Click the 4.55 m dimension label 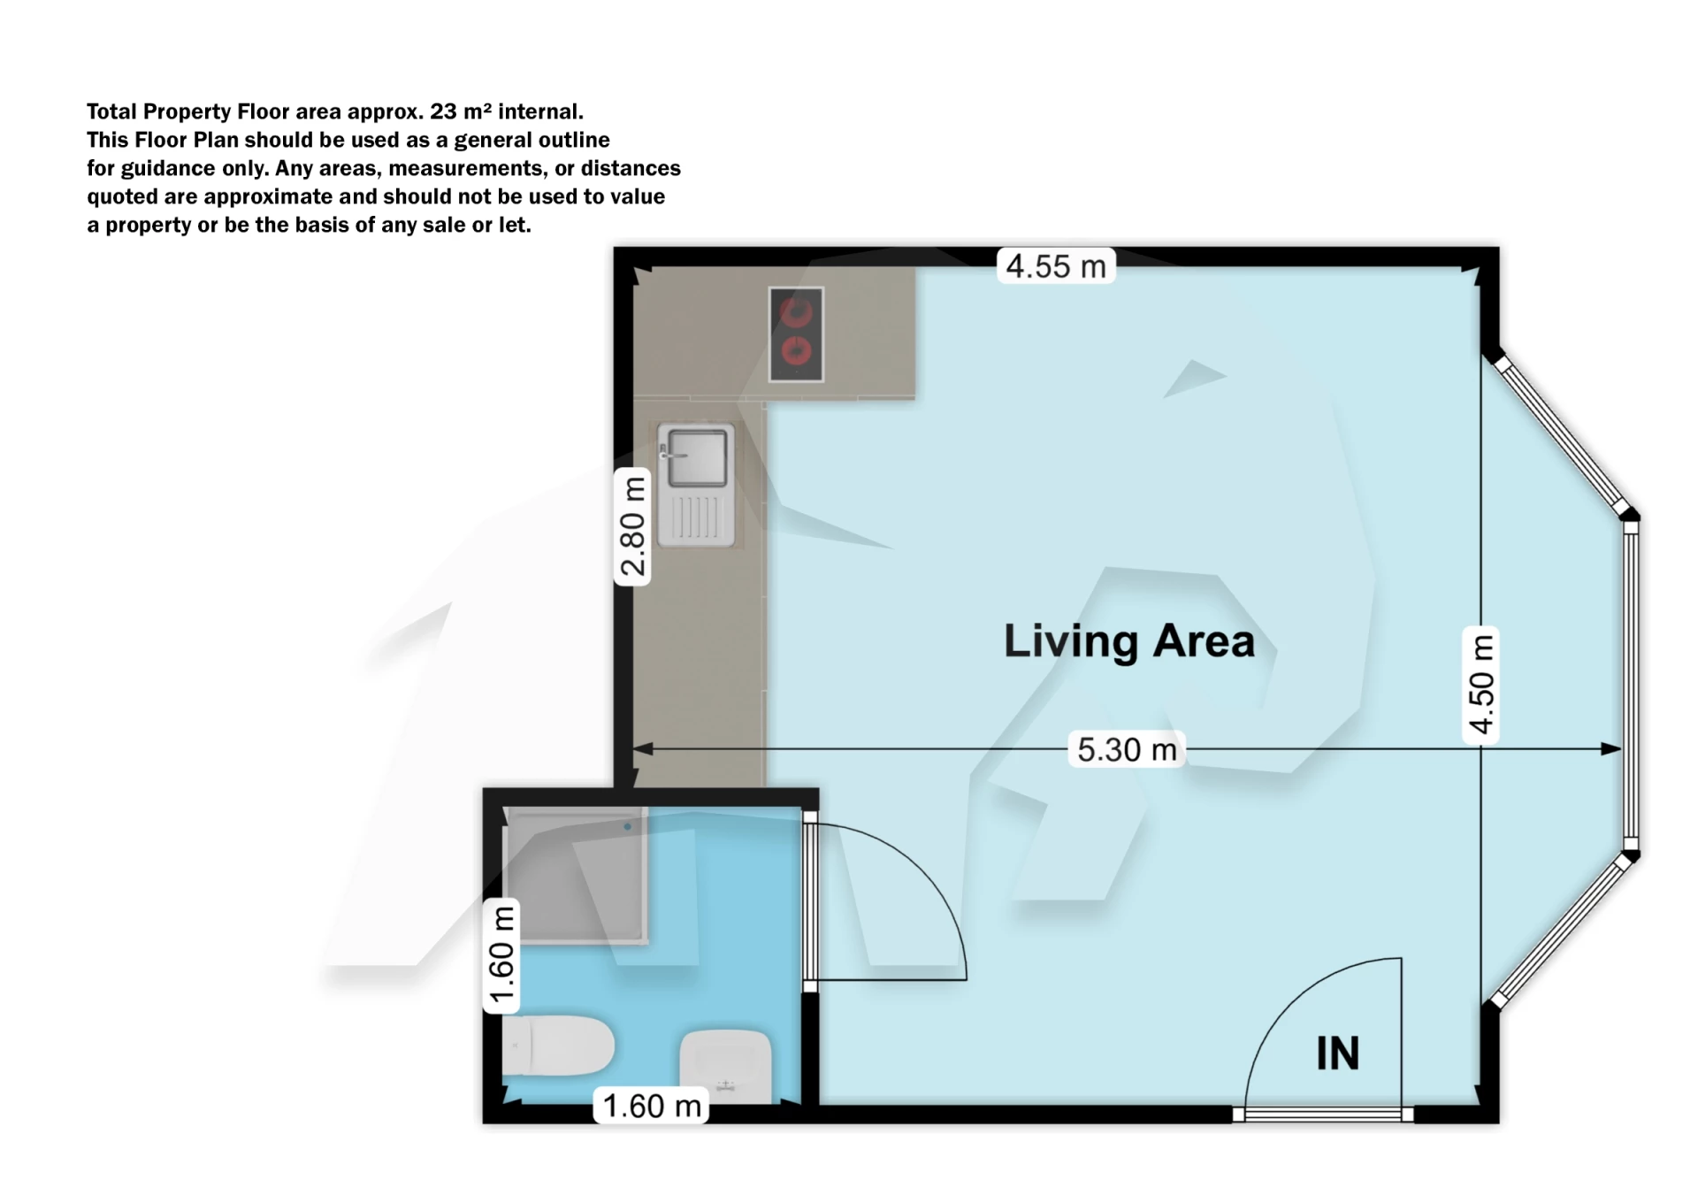(1056, 266)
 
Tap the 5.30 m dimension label (1127, 750)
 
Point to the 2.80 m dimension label (632, 526)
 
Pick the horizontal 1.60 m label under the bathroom (652, 1106)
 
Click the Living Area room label (1128, 641)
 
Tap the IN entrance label (1336, 1054)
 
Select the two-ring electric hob (796, 334)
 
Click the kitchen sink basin (697, 457)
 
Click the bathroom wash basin (725, 1066)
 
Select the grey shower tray (575, 876)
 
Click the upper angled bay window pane (1561, 434)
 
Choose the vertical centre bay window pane (1631, 683)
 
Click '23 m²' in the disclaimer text (460, 111)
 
